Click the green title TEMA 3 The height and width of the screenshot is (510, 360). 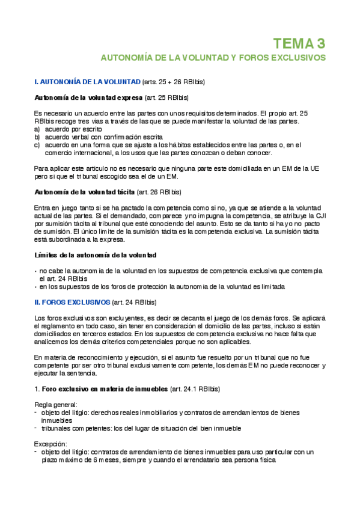(x=299, y=43)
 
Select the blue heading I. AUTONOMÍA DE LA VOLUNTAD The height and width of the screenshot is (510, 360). (x=86, y=81)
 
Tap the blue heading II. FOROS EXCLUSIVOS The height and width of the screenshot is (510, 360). (x=72, y=301)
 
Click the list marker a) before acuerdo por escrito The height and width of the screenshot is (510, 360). (x=37, y=129)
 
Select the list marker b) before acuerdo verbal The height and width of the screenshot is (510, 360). (x=37, y=137)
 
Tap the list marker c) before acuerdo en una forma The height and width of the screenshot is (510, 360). (x=37, y=144)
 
